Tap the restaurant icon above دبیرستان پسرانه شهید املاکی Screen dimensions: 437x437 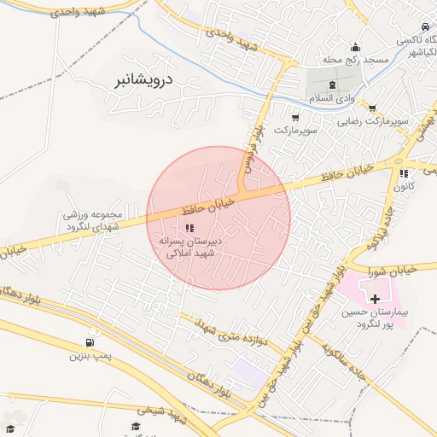tap(189, 228)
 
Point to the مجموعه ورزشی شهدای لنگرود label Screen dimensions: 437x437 tap(96, 219)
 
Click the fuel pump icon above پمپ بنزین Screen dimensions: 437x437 tap(91, 342)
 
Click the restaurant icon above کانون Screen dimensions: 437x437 tap(404, 173)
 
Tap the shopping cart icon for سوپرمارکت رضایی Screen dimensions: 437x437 tap(372, 108)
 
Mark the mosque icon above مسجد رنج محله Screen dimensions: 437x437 tap(355, 47)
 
